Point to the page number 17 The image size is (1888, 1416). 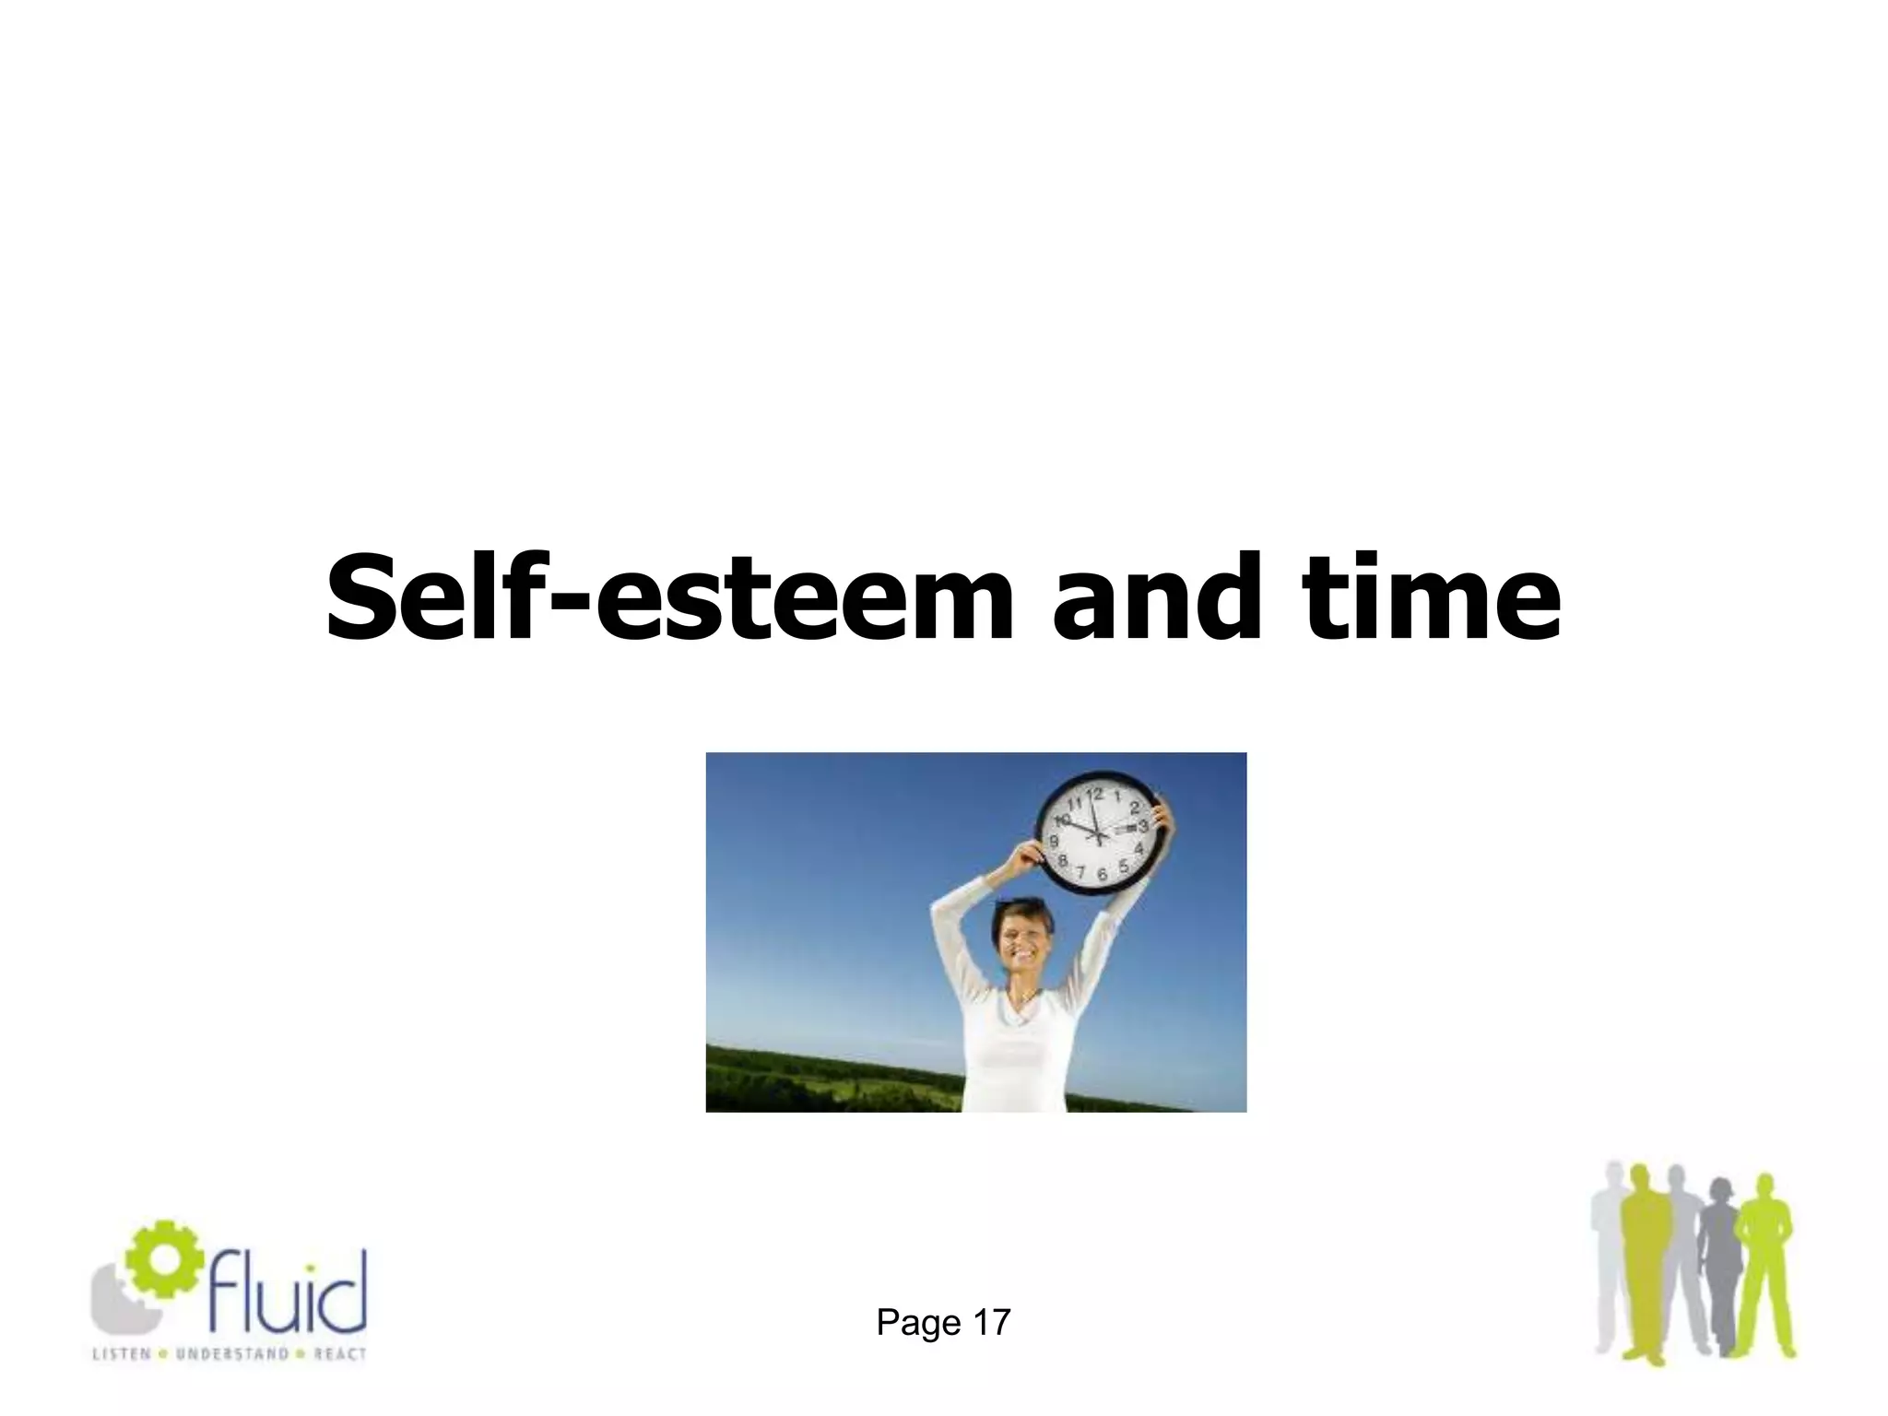coord(992,1323)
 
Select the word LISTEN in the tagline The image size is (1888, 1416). coord(120,1354)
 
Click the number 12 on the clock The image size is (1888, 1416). coord(1095,792)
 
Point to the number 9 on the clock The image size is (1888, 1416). coord(1054,842)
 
